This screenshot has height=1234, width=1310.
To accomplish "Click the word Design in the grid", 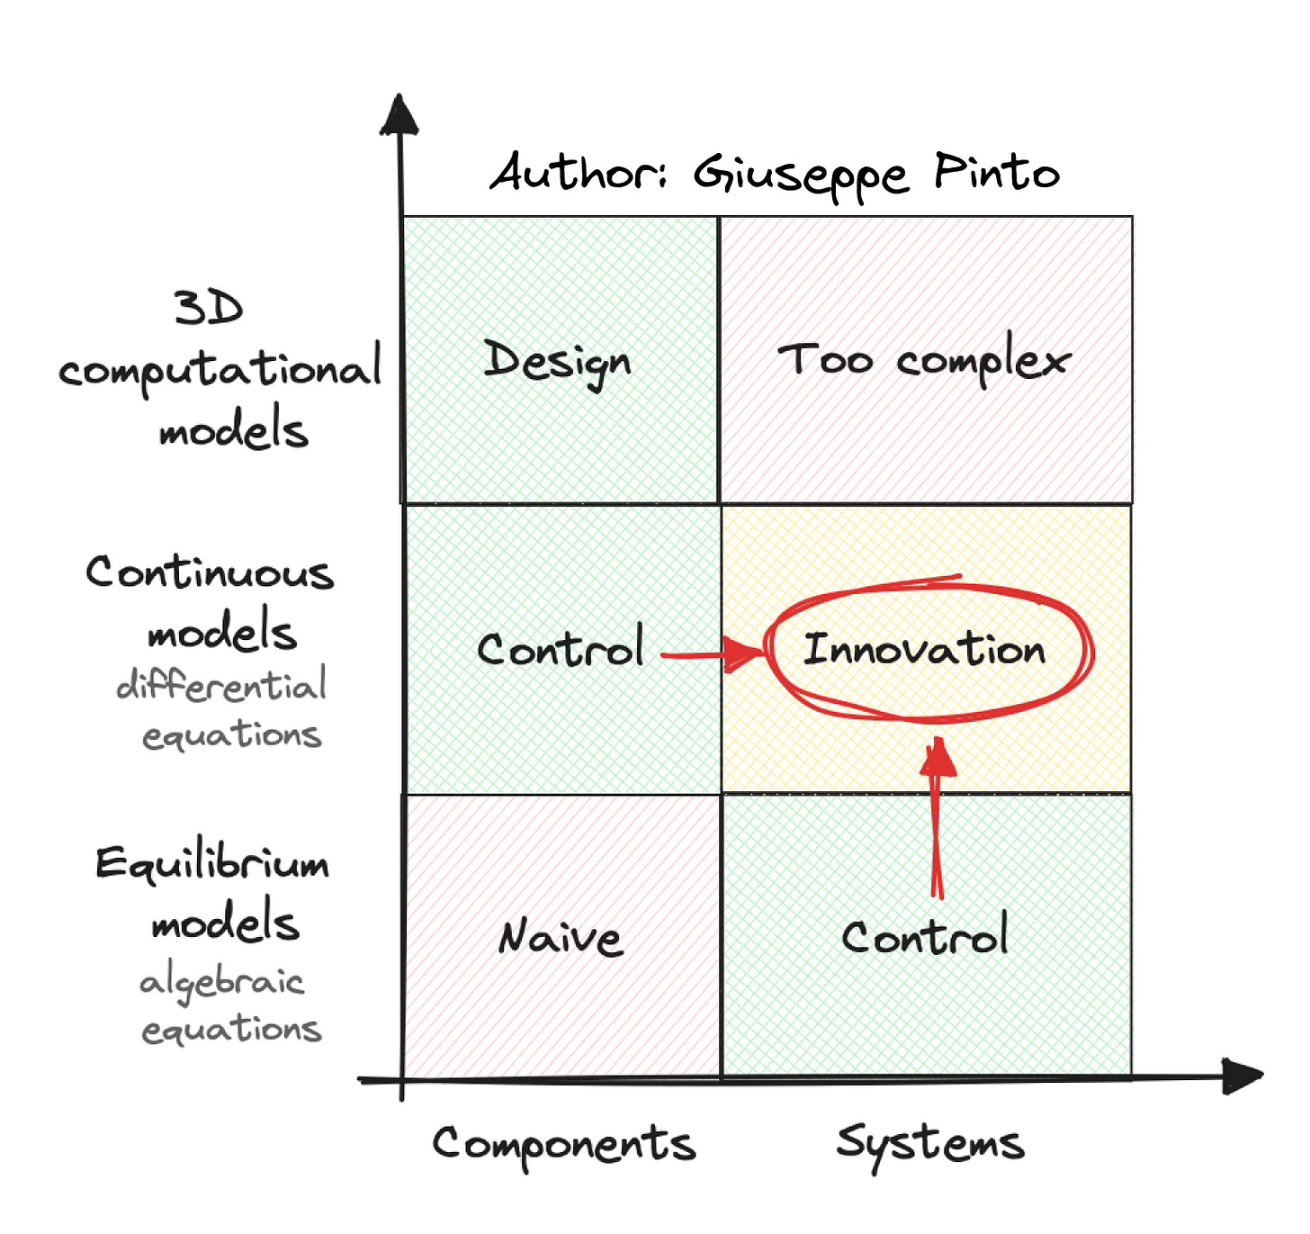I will [557, 363].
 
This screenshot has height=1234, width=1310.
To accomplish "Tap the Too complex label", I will [924, 361].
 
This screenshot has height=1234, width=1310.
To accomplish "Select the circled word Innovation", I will [924, 649].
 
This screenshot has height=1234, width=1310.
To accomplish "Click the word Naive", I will [560, 937].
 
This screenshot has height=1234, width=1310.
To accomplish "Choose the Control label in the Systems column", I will [924, 937].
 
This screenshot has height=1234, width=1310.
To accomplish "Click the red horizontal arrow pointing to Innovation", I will [711, 654].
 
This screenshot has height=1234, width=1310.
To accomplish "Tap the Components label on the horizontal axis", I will [564, 1144].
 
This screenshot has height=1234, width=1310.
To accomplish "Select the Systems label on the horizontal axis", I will [929, 1144].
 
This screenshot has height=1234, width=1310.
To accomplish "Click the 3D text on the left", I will [209, 308].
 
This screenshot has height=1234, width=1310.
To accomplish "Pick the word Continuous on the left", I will [210, 573].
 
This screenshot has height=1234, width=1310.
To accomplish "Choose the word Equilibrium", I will [212, 864].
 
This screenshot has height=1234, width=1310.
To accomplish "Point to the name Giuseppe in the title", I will [800, 176].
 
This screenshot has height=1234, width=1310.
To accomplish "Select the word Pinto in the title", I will [997, 171].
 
